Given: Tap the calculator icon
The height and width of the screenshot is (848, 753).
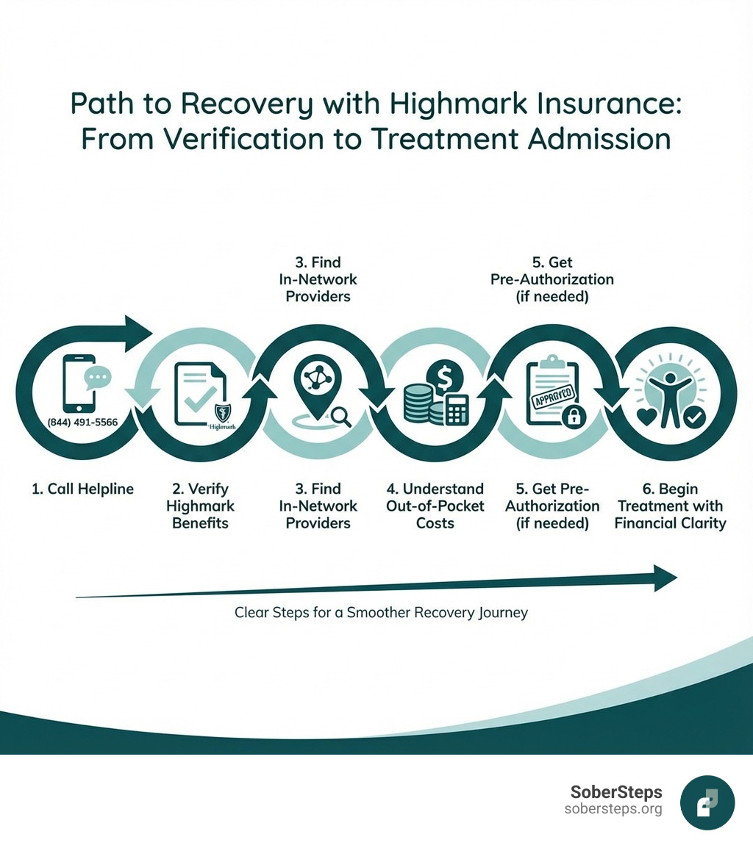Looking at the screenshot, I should point(457,410).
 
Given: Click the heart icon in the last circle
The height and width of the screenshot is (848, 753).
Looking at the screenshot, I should point(646,417).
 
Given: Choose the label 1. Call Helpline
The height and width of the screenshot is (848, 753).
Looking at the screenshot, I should point(82,489).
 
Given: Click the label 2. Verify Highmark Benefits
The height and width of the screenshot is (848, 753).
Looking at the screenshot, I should point(200,506).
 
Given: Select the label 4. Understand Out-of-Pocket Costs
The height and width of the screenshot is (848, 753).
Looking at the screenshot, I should point(435,506).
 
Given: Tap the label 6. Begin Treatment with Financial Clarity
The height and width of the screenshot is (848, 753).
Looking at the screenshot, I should point(670,506).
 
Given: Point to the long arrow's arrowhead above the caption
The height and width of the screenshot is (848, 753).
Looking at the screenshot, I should point(665,578).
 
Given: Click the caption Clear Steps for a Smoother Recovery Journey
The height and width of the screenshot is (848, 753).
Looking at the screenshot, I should point(381,612).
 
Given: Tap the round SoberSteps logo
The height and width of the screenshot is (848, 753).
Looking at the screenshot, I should point(707,802).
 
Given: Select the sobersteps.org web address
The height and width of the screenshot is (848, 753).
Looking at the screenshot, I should point(613,809).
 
